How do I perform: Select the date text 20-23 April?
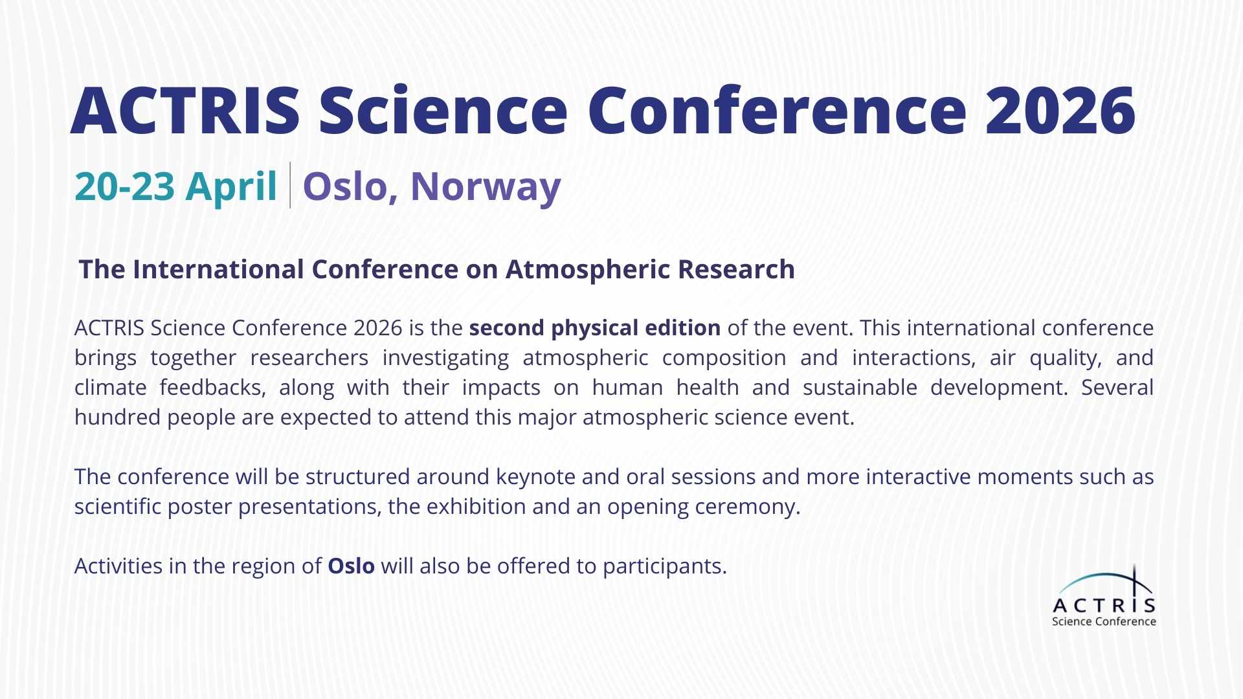[175, 186]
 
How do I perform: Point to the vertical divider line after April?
[289, 185]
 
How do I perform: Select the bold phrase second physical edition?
[594, 328]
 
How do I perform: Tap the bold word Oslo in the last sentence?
[351, 566]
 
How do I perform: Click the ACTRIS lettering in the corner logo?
[1104, 606]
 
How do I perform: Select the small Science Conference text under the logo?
[1104, 622]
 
